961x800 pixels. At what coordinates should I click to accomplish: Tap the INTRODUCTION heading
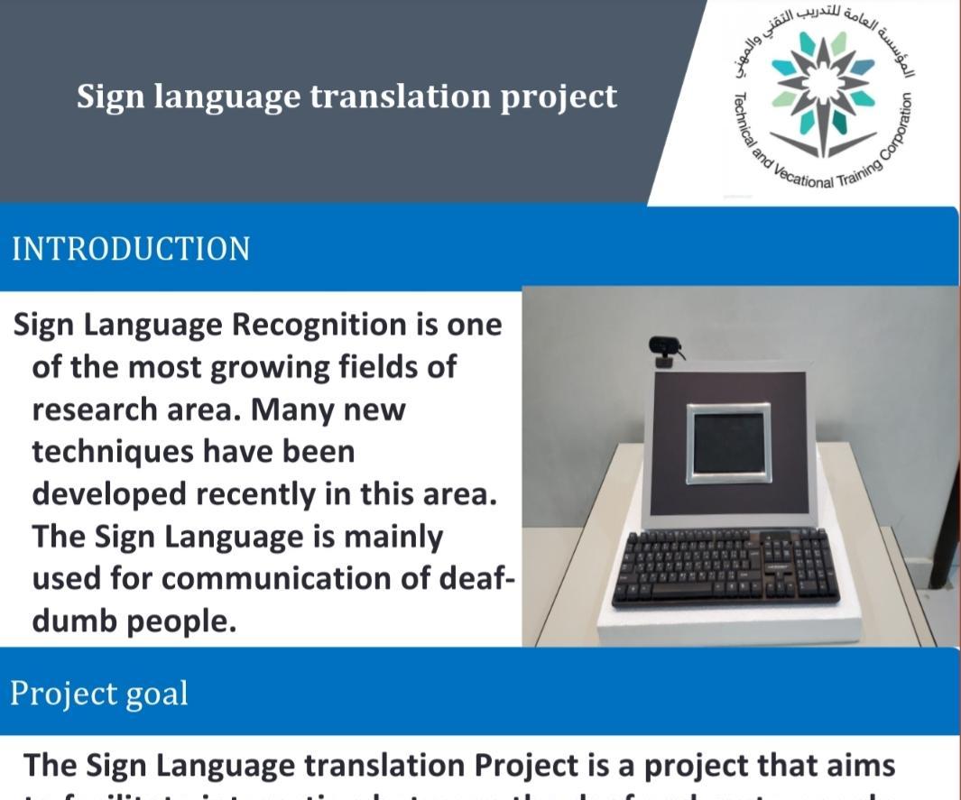tap(131, 249)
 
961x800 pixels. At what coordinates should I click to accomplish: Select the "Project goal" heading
tap(99, 693)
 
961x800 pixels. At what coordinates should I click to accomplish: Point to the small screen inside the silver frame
tap(728, 443)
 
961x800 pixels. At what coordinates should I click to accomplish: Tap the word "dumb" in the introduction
tap(74, 621)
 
